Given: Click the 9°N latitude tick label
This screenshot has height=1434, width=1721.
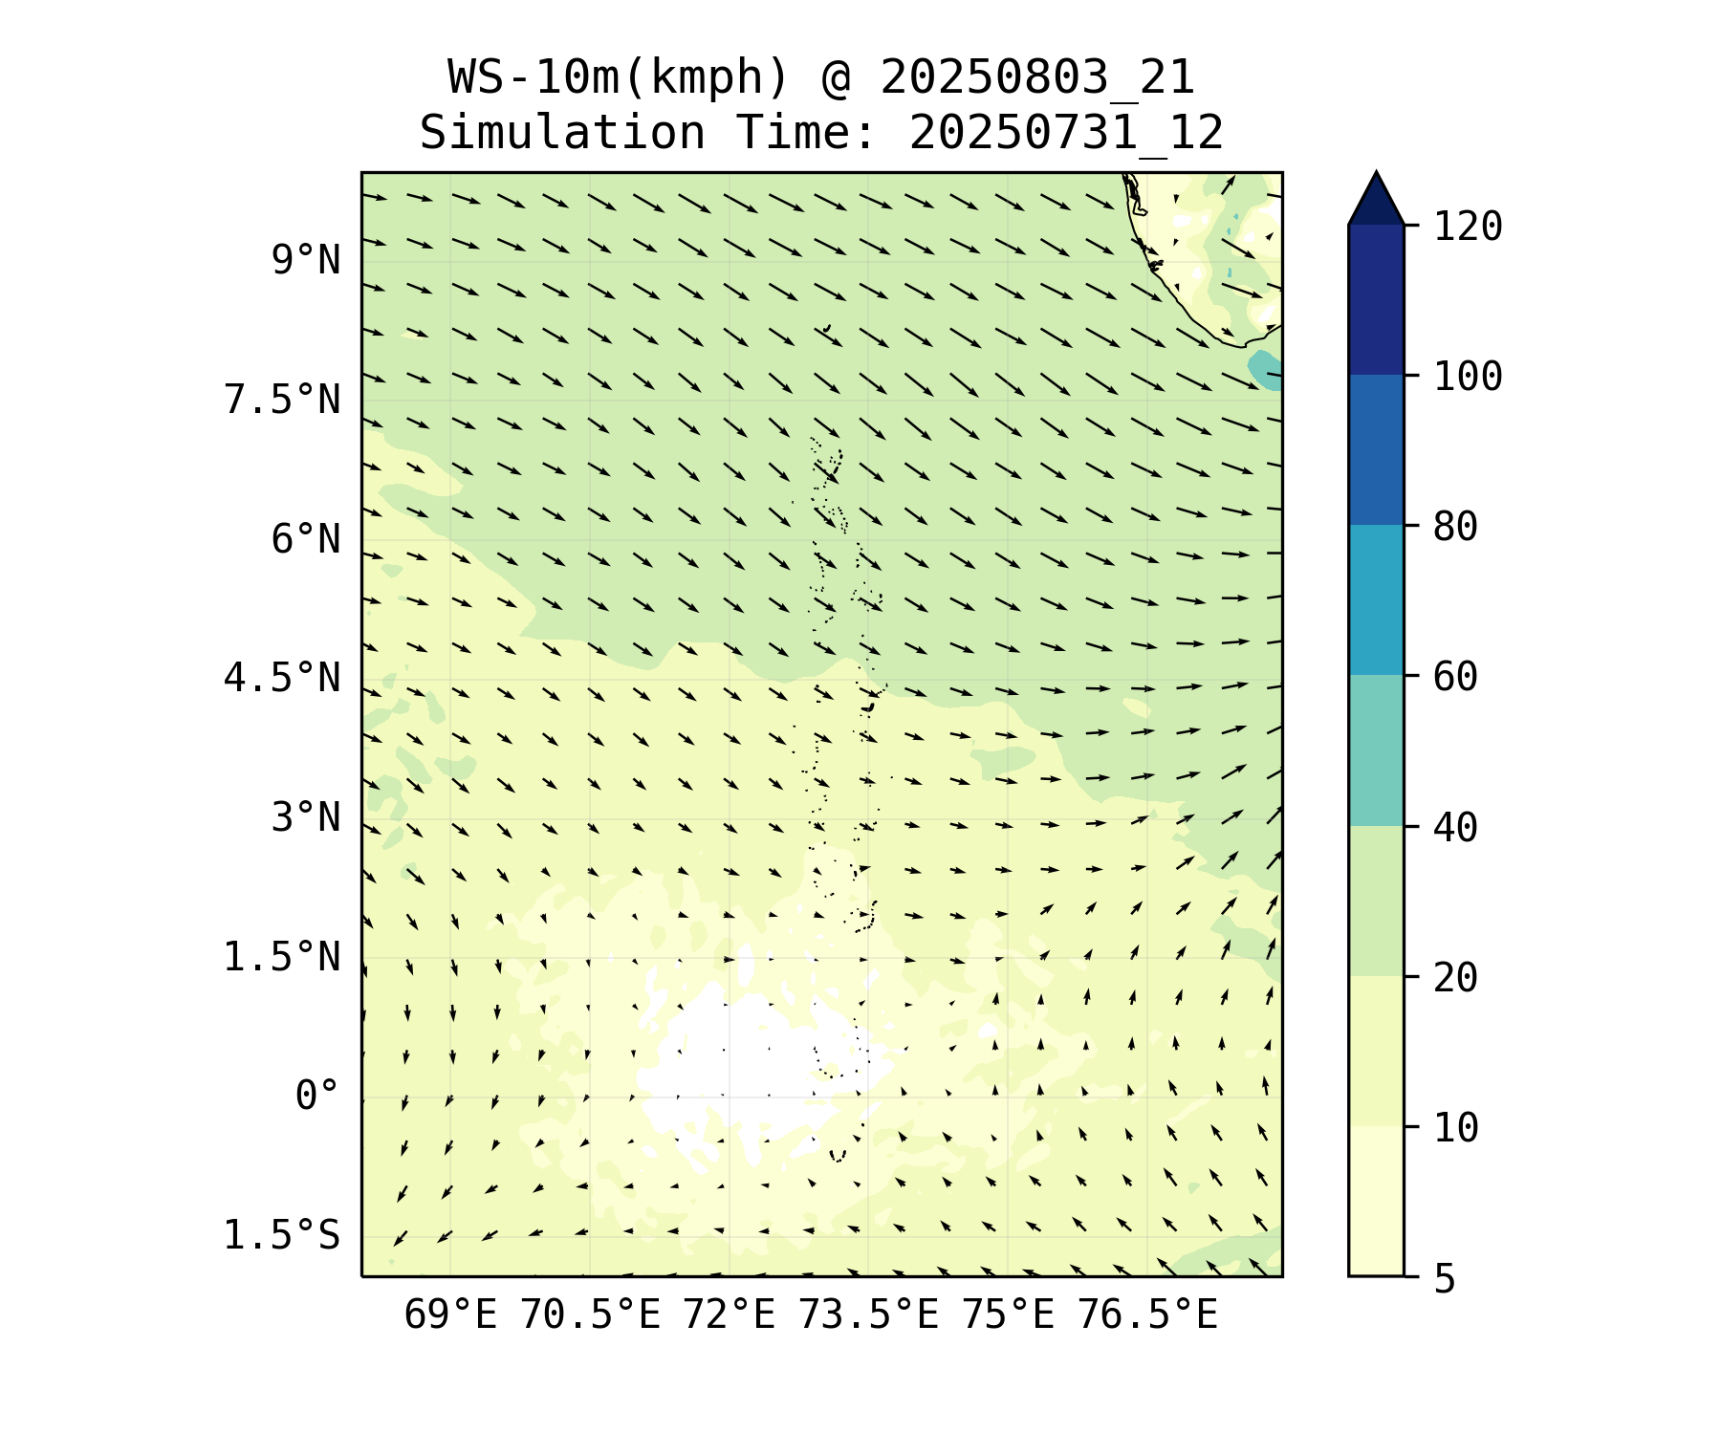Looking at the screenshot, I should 305,260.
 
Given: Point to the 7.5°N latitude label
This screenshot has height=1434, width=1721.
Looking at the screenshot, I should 282,400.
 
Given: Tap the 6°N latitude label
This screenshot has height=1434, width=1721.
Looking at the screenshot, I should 305,539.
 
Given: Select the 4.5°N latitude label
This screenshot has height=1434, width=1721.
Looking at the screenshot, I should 282,679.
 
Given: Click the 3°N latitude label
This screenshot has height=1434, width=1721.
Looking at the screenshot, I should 305,818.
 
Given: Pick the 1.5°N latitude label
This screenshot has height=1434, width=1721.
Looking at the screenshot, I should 282,957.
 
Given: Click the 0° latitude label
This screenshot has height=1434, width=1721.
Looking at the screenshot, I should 316,1097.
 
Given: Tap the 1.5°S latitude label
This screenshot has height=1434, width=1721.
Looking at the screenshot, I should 282,1235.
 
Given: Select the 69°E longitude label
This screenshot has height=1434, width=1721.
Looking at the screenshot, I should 450,1315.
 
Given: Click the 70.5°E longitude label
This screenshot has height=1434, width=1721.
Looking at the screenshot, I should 590,1315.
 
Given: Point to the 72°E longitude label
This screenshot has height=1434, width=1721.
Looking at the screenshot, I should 729,1315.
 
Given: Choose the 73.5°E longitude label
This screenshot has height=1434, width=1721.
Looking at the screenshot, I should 868,1315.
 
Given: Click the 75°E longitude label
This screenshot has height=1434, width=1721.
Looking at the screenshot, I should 1008,1315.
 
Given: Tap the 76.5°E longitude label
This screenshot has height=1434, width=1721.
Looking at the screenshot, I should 1147,1315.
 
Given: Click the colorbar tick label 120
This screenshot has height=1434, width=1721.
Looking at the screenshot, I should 1468,227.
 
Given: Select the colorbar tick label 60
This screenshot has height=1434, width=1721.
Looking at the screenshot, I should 1456,677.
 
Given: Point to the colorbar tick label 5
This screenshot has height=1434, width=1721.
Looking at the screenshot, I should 1445,1278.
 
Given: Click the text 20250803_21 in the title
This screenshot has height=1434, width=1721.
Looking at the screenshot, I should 1037,77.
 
